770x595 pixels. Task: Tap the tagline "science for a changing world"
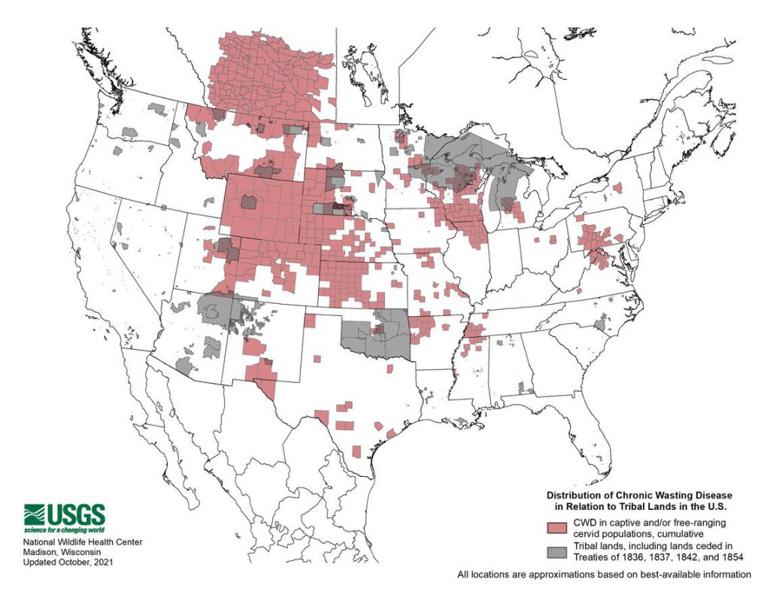pyautogui.click(x=64, y=530)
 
